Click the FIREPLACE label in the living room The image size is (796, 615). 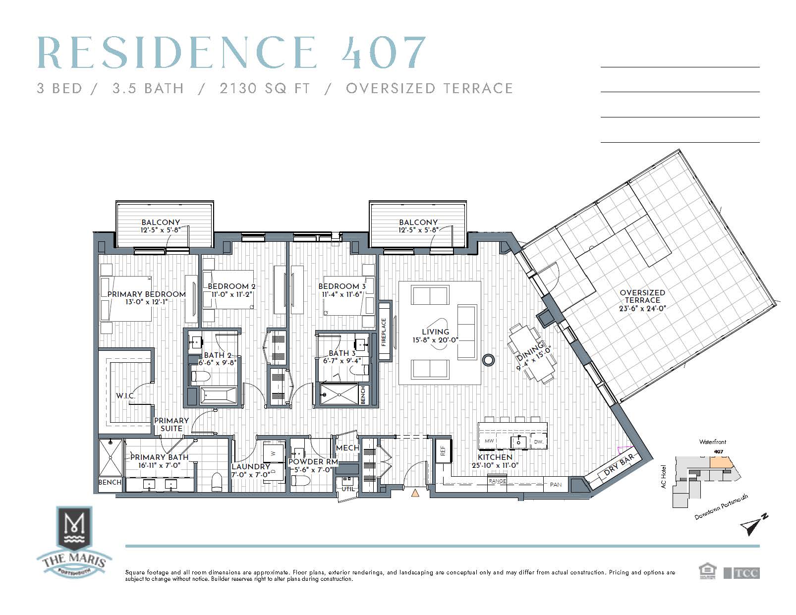[x=384, y=332]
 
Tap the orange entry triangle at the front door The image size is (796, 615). [x=415, y=493]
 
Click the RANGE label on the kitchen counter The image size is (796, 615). [x=497, y=481]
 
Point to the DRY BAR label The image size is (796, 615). [x=619, y=465]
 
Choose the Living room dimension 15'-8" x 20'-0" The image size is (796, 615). [x=435, y=340]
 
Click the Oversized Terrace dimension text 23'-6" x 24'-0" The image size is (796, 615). [x=642, y=308]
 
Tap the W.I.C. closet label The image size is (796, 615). [x=125, y=395]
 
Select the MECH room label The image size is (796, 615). [x=347, y=447]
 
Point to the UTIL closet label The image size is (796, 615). [x=348, y=489]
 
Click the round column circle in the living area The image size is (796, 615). [x=488, y=360]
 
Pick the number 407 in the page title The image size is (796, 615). [x=383, y=53]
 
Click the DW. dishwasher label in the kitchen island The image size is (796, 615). [x=538, y=442]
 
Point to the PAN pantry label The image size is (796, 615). [x=555, y=485]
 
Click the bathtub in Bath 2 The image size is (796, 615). [x=219, y=396]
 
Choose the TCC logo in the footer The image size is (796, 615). [x=742, y=573]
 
